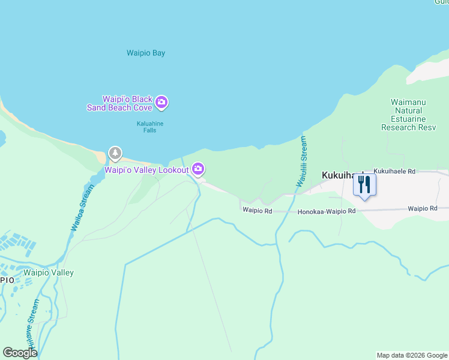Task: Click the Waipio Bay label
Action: [x=146, y=53]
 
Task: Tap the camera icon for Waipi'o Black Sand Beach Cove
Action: [x=161, y=103]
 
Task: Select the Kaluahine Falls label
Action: [x=149, y=127]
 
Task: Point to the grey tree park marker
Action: [x=115, y=154]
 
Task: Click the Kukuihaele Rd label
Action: [x=394, y=172]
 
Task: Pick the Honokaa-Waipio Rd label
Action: [x=327, y=211]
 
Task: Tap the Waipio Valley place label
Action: [x=48, y=273]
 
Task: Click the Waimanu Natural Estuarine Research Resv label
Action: [x=408, y=115]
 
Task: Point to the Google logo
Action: [x=20, y=353]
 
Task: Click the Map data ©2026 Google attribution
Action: [x=412, y=355]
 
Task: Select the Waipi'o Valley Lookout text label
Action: [x=146, y=170]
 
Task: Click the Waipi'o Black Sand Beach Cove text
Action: [x=127, y=103]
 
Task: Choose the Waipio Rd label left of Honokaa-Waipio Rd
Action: [x=258, y=211]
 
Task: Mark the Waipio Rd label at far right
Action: [x=423, y=209]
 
